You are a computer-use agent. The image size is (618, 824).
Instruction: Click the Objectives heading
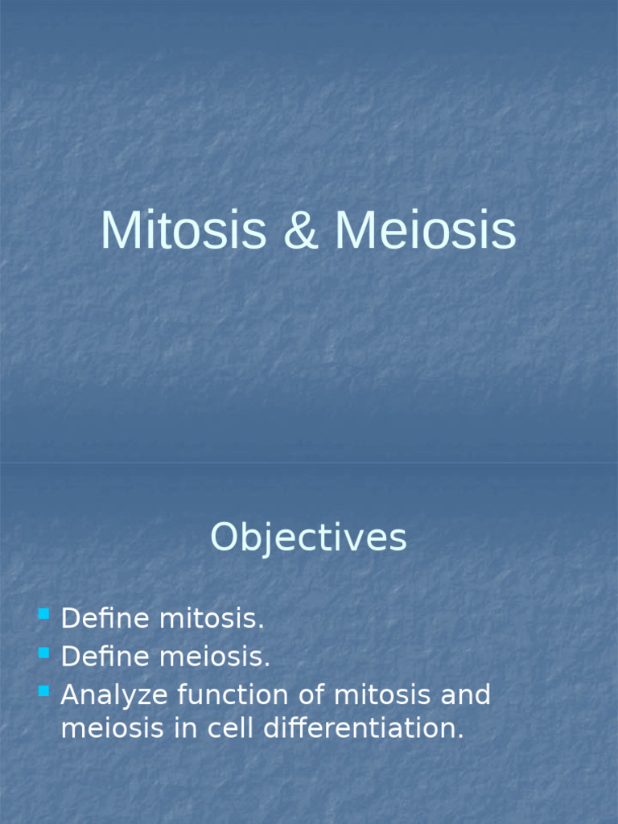(x=308, y=538)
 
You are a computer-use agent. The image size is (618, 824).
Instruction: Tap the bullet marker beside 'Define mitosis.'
(x=43, y=616)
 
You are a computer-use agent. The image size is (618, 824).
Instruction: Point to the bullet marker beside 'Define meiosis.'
(x=43, y=653)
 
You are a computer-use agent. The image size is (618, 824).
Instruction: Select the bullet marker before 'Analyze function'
(x=43, y=690)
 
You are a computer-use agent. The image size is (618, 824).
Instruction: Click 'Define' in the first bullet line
(x=105, y=620)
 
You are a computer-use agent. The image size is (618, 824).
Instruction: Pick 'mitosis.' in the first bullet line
(x=212, y=620)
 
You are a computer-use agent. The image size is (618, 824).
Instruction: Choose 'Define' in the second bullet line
(x=105, y=657)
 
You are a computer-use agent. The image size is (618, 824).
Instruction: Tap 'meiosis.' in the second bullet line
(x=215, y=657)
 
